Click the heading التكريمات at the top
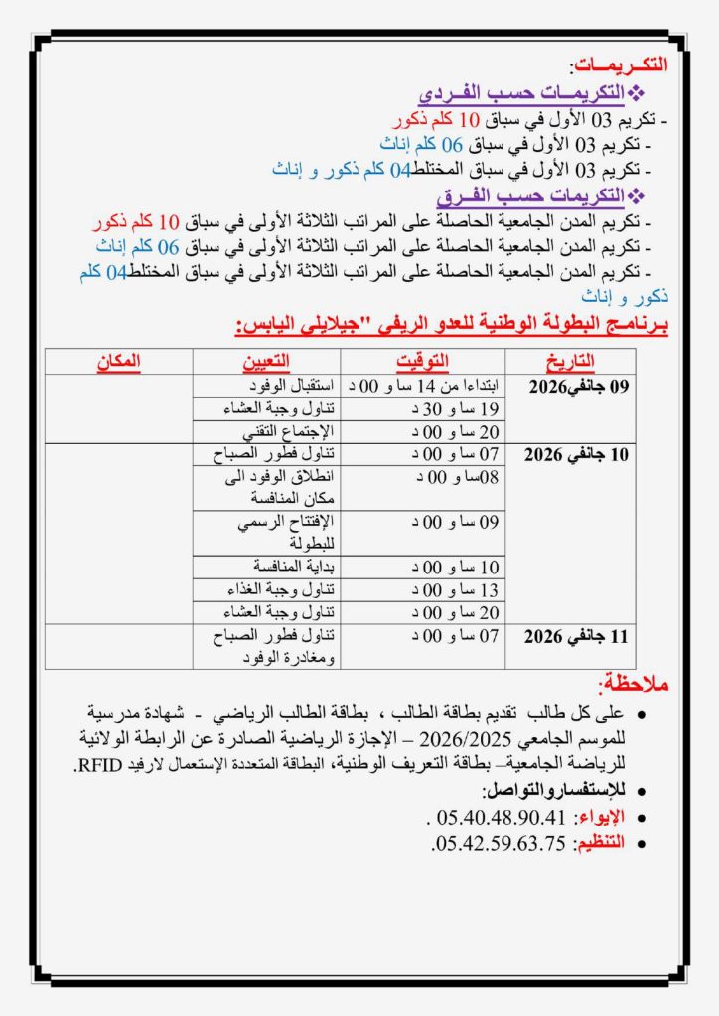click(x=620, y=66)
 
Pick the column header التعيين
click(x=265, y=361)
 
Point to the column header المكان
click(x=120, y=361)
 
